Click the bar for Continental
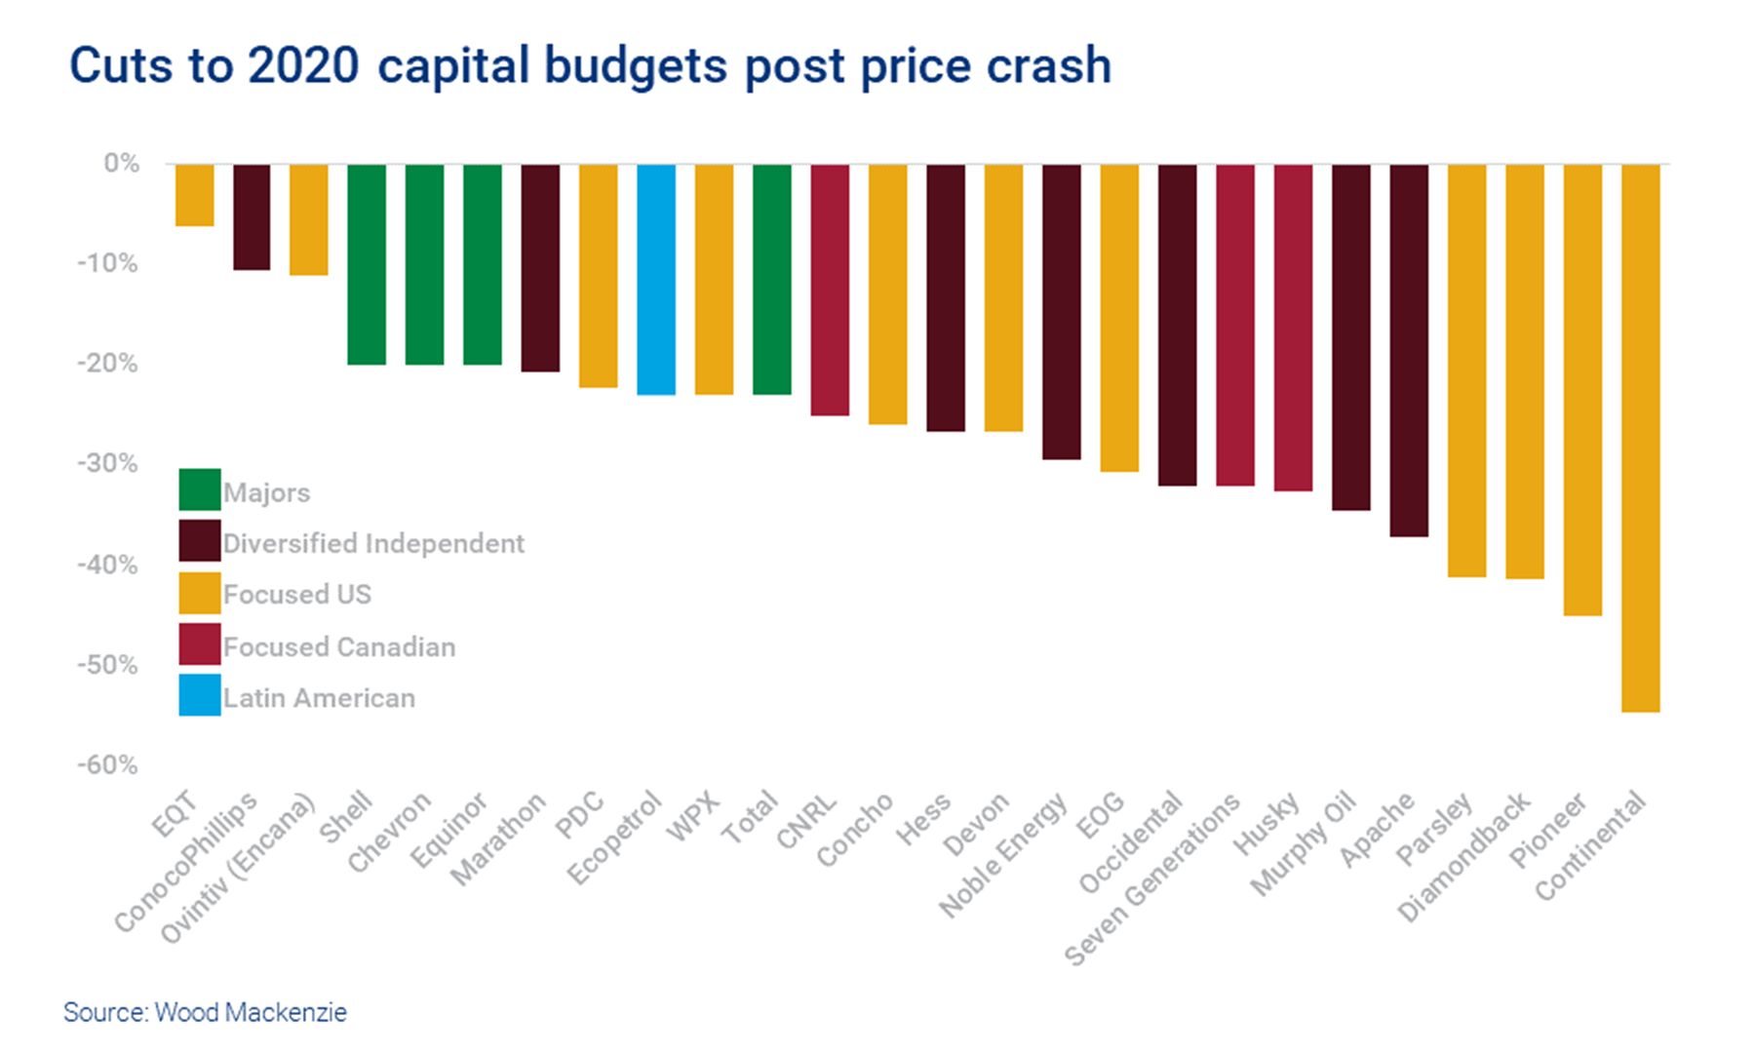pos(1640,438)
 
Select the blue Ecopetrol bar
pos(656,279)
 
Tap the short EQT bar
pos(194,195)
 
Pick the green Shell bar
pos(367,264)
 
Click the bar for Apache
pos(1409,350)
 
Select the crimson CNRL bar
pos(830,290)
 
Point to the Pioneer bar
pos(1582,389)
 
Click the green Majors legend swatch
pos(200,489)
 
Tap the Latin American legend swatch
pos(200,695)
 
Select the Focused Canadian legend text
pos(338,646)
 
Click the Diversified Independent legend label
pos(373,543)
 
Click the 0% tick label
pos(121,163)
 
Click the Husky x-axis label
pos(1267,823)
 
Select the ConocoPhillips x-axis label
pos(186,862)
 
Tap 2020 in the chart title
pos(303,66)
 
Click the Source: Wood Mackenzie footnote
pos(205,1012)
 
